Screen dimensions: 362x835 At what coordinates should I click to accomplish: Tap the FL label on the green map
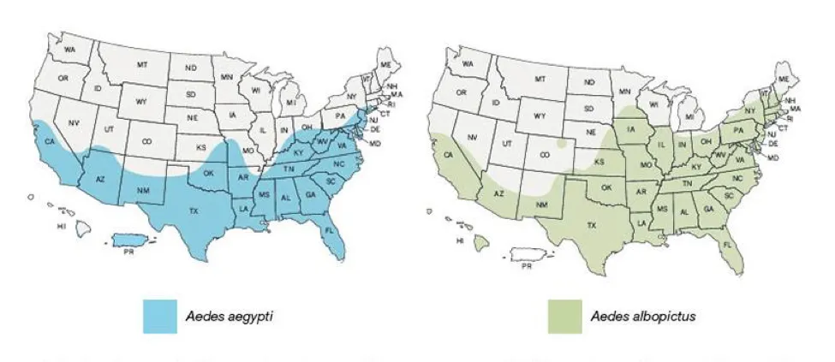727,243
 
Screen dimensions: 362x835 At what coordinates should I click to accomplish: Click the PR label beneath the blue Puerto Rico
130,252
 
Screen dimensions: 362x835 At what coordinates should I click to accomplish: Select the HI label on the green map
460,241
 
